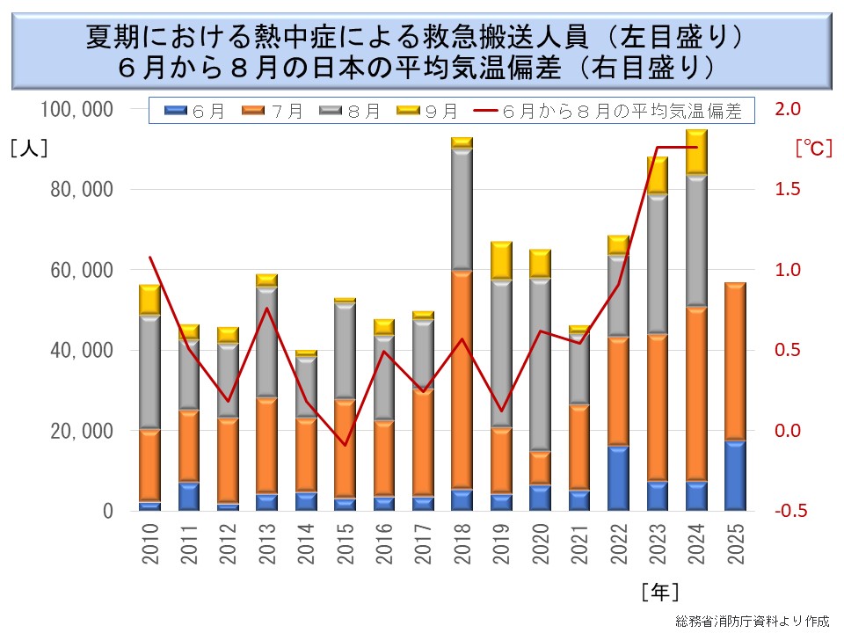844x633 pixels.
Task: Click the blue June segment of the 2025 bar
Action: (x=735, y=475)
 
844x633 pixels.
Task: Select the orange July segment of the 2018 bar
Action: (x=462, y=379)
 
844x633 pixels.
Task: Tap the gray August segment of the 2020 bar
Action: (x=540, y=365)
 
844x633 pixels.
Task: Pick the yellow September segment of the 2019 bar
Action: (x=501, y=260)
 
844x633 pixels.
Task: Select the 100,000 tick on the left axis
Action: (x=76, y=109)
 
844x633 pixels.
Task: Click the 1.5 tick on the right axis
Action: (x=787, y=189)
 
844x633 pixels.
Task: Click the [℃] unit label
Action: (x=813, y=147)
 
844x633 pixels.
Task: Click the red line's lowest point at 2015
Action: (x=345, y=445)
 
